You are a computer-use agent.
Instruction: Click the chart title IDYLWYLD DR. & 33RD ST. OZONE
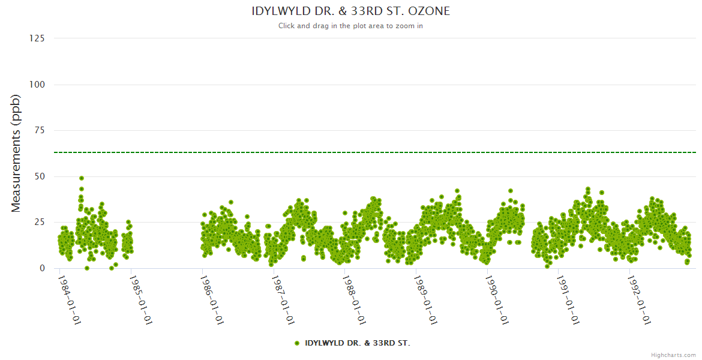pos(350,11)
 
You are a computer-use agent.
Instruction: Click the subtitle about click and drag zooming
pos(350,26)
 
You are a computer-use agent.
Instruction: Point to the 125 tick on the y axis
pos(37,38)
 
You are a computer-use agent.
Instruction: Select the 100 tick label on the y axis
pos(37,85)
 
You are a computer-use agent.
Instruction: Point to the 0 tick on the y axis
pos(42,268)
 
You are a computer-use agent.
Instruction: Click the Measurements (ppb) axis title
pos(16,153)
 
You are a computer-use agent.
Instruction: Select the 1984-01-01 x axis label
pos(70,300)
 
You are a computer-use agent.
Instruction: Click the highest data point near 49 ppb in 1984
pos(82,178)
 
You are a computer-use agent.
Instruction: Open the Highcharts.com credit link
pos(673,355)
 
